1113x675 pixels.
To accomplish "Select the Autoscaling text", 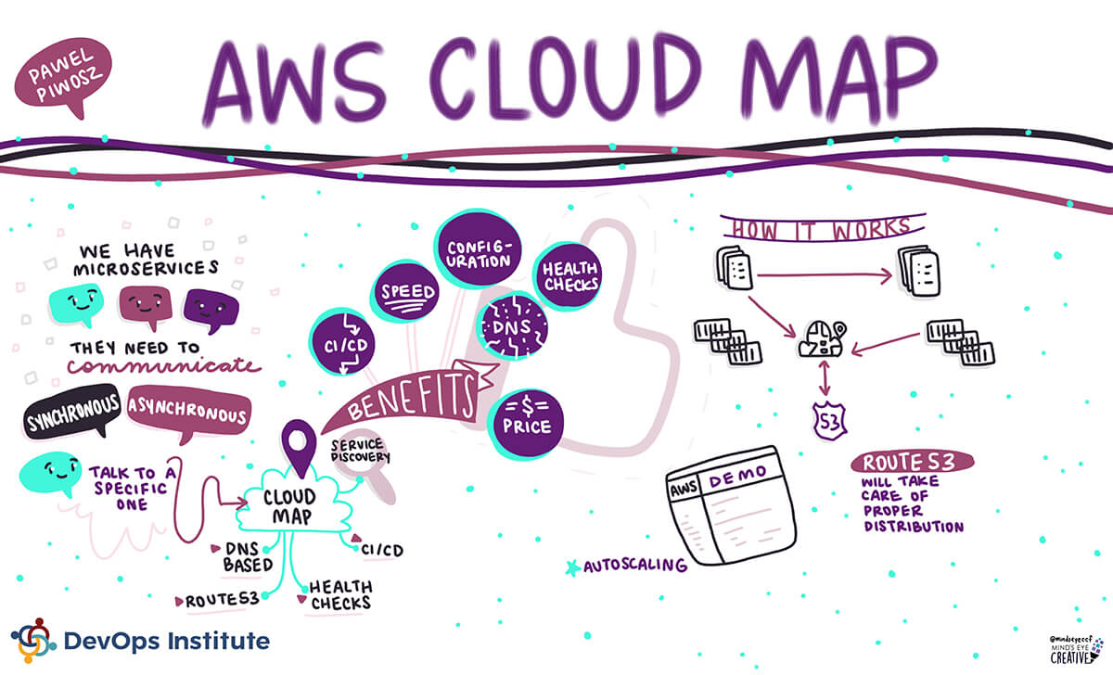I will click(x=634, y=564).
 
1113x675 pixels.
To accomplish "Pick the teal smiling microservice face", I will click(x=75, y=303).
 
